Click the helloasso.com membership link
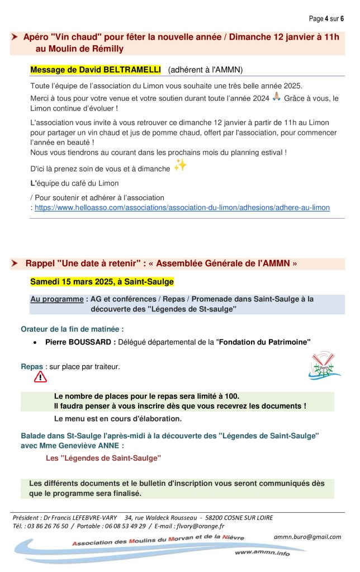[182, 207]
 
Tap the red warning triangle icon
[40, 377]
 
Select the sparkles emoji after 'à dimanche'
[180, 165]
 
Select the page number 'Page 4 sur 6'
[326, 18]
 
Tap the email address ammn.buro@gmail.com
[307, 536]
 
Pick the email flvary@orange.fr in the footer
[200, 526]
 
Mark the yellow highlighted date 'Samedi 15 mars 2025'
[78, 281]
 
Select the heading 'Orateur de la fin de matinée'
[72, 329]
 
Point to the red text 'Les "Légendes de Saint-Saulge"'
[103, 457]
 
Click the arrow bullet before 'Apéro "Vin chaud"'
[14, 37]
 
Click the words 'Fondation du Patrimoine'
[264, 342]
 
